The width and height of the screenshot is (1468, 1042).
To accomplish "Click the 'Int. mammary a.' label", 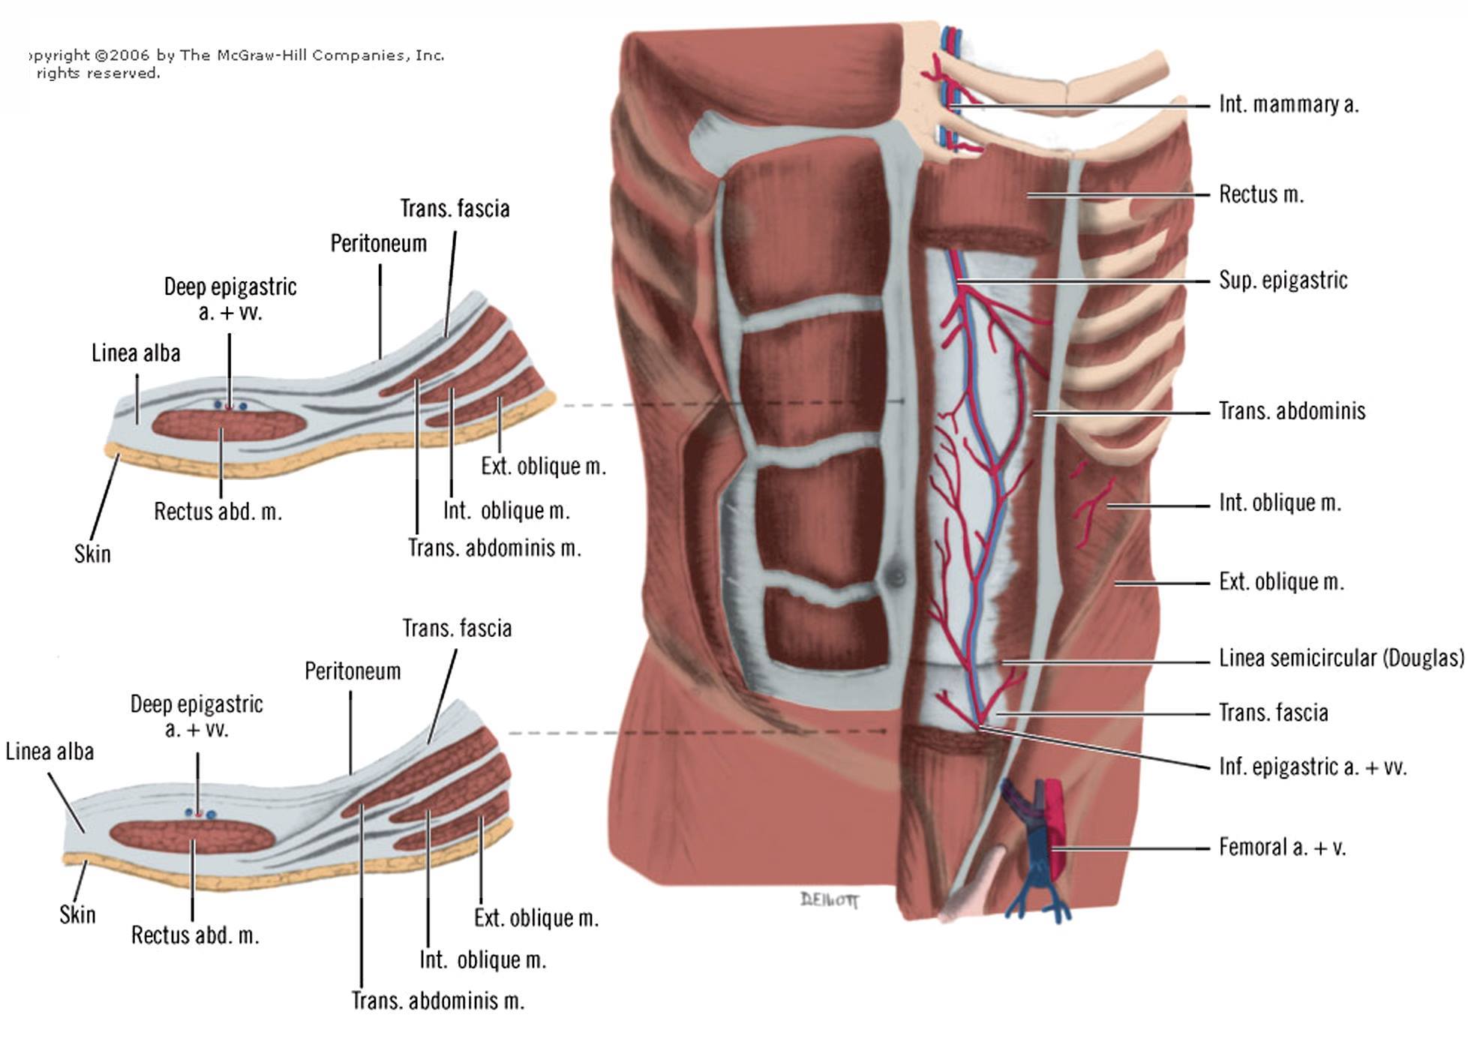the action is pyautogui.click(x=1288, y=104).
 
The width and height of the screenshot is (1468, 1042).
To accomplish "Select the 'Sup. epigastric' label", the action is pyautogui.click(x=1283, y=281).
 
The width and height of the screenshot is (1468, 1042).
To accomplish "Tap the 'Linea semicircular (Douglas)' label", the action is pyautogui.click(x=1341, y=658).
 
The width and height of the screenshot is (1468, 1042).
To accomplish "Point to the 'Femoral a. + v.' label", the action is pyautogui.click(x=1282, y=847).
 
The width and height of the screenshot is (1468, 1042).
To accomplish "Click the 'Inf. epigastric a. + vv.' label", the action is pyautogui.click(x=1312, y=767).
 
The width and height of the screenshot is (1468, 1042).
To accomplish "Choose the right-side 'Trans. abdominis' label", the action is pyautogui.click(x=1292, y=410).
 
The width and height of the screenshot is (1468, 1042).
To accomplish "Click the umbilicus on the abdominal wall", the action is pyautogui.click(x=895, y=575).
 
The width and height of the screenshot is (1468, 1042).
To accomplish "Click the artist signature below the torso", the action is pyautogui.click(x=830, y=899).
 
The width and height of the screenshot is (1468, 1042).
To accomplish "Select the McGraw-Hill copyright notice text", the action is pyautogui.click(x=236, y=64).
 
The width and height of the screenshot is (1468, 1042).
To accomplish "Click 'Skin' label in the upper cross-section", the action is pyautogui.click(x=92, y=554).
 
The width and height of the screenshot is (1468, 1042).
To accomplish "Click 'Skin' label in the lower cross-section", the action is pyautogui.click(x=77, y=914).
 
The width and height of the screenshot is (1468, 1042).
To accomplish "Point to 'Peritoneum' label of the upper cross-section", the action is pyautogui.click(x=378, y=243).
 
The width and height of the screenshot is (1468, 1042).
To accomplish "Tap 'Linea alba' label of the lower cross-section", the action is pyautogui.click(x=50, y=751).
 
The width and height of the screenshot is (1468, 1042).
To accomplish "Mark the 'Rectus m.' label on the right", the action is pyautogui.click(x=1261, y=194).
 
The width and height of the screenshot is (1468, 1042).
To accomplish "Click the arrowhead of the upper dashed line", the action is pyautogui.click(x=902, y=402).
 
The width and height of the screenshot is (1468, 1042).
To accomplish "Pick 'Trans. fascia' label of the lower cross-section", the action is pyautogui.click(x=457, y=628).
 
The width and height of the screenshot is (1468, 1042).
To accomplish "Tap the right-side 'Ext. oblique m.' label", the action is pyautogui.click(x=1281, y=581).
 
